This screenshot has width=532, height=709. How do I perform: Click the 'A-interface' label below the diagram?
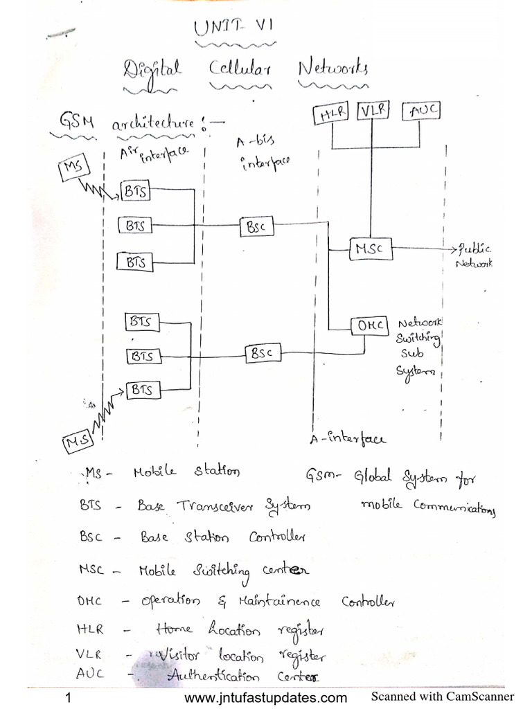tap(348, 438)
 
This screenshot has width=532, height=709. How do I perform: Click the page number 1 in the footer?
tap(68, 697)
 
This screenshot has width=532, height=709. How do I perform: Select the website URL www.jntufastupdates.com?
tap(267, 697)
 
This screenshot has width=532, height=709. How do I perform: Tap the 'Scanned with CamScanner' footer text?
tap(443, 697)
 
